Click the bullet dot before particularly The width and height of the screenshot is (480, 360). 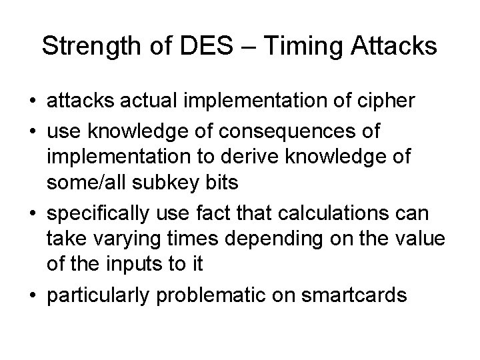point(33,295)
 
